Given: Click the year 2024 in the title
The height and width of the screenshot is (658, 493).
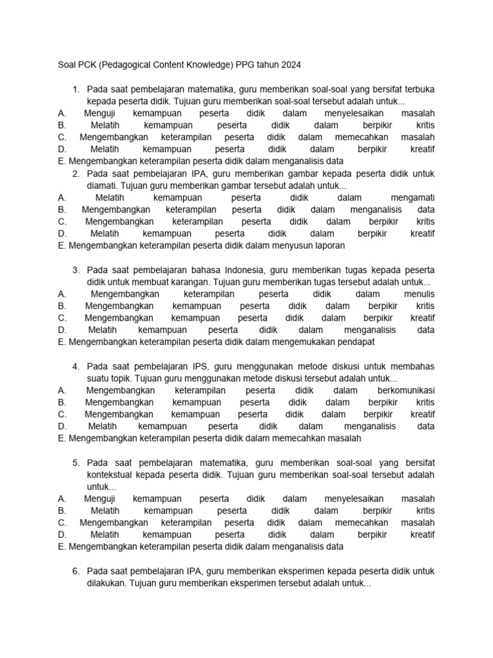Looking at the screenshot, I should [x=288, y=65].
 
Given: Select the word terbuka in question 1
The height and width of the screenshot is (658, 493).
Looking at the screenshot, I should [x=416, y=89].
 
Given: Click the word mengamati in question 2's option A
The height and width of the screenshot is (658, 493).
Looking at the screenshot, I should [x=412, y=197].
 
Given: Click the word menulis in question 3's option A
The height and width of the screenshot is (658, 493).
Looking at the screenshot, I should [x=419, y=294].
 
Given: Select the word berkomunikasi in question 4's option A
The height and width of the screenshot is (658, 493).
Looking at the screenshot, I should [x=402, y=390].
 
